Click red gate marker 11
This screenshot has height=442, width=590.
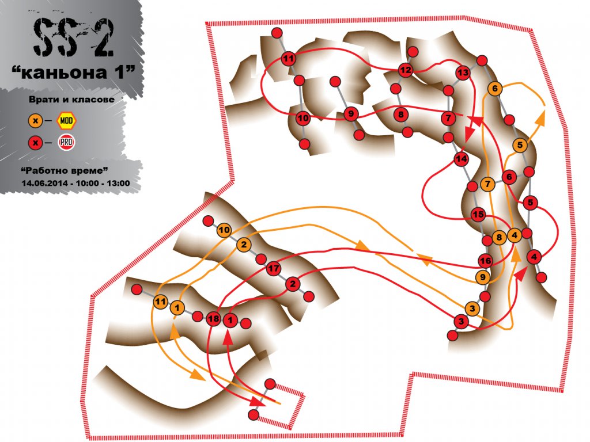289,59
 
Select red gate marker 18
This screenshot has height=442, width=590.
213,319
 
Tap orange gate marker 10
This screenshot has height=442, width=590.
224,230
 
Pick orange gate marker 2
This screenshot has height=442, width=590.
244,245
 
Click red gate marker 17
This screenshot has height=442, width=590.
274,269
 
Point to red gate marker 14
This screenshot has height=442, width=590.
461,159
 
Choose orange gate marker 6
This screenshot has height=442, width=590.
495,89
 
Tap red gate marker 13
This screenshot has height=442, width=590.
463,73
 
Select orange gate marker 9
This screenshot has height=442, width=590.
483,277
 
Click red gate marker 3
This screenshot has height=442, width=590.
462,321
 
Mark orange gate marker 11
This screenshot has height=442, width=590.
161,302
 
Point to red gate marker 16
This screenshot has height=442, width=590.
485,261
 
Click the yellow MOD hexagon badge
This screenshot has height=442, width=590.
67,121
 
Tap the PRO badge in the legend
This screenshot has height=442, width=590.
67,143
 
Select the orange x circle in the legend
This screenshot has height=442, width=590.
36,121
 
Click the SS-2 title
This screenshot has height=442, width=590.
73,37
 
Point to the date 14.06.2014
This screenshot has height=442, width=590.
45,184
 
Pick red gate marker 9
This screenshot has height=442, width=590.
351,114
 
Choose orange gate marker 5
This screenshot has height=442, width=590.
520,145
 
